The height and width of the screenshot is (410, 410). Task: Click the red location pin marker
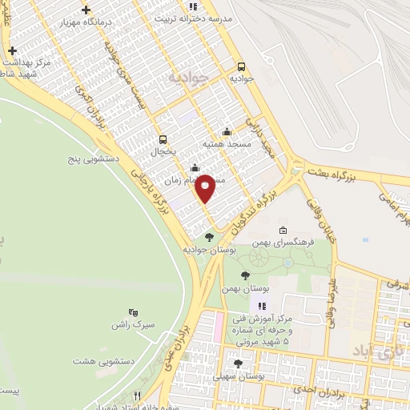(206, 187)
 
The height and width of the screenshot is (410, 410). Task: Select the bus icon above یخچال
(163, 139)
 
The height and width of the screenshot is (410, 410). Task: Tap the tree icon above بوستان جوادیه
(209, 237)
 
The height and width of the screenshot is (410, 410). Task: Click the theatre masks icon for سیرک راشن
(133, 313)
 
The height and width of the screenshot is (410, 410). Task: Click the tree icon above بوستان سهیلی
(237, 364)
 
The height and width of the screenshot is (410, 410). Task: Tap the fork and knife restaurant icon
(137, 396)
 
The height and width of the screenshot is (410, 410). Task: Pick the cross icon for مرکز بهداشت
(12, 50)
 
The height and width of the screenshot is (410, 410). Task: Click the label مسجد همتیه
(228, 143)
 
